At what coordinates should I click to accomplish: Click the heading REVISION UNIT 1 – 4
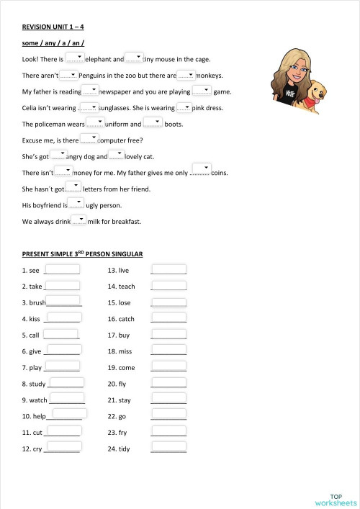pos(53,27)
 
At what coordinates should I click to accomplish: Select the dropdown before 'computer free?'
pos(89,138)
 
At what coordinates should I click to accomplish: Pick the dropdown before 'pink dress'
pos(184,107)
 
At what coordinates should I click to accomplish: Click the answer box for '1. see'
pos(62,269)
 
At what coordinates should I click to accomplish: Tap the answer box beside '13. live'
pos(168,269)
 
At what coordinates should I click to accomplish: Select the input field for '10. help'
pos(68,414)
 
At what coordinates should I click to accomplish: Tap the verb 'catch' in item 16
pos(127,319)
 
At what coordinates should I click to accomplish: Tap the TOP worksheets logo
pos(336,499)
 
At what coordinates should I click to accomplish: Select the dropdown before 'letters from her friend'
pos(74,187)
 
